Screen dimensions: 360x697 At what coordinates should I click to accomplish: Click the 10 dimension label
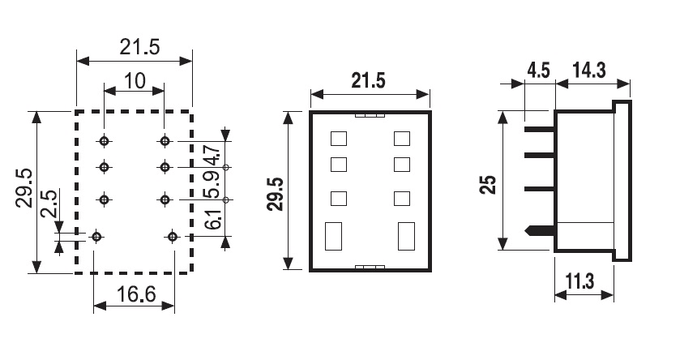pyautogui.click(x=134, y=81)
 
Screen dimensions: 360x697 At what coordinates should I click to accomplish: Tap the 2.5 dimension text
pyautogui.click(x=49, y=206)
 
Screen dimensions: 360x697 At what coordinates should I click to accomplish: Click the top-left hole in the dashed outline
pyautogui.click(x=105, y=141)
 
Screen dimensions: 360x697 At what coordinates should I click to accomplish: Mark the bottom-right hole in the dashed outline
pyautogui.click(x=172, y=237)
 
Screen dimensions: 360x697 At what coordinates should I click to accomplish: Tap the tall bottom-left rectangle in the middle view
pyautogui.click(x=332, y=237)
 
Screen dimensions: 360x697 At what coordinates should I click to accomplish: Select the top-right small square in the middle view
pyautogui.click(x=401, y=138)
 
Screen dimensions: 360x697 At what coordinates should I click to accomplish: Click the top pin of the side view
pyautogui.click(x=539, y=127)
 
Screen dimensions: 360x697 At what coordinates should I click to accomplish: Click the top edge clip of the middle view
pyautogui.click(x=371, y=114)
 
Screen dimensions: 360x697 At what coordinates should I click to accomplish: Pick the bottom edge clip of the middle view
pyautogui.click(x=371, y=267)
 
